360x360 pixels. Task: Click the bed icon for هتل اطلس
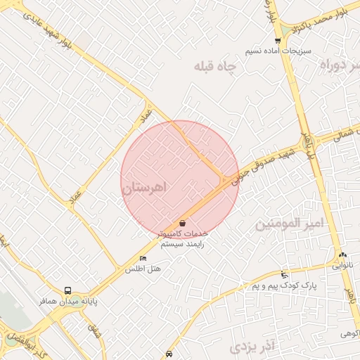(x=144, y=258)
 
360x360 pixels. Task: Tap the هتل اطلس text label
(x=143, y=269)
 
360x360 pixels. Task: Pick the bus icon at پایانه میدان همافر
(x=68, y=290)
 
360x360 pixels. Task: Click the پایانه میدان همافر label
(x=68, y=301)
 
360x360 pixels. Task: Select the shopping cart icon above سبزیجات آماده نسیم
(x=278, y=41)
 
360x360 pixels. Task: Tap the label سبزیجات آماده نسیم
(x=274, y=52)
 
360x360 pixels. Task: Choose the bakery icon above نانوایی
(x=342, y=255)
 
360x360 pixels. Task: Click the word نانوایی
(x=344, y=266)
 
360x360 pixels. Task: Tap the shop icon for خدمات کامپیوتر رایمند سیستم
(x=183, y=223)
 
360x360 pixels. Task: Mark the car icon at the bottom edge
(x=169, y=355)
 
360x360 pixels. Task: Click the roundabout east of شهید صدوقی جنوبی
(x=308, y=144)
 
